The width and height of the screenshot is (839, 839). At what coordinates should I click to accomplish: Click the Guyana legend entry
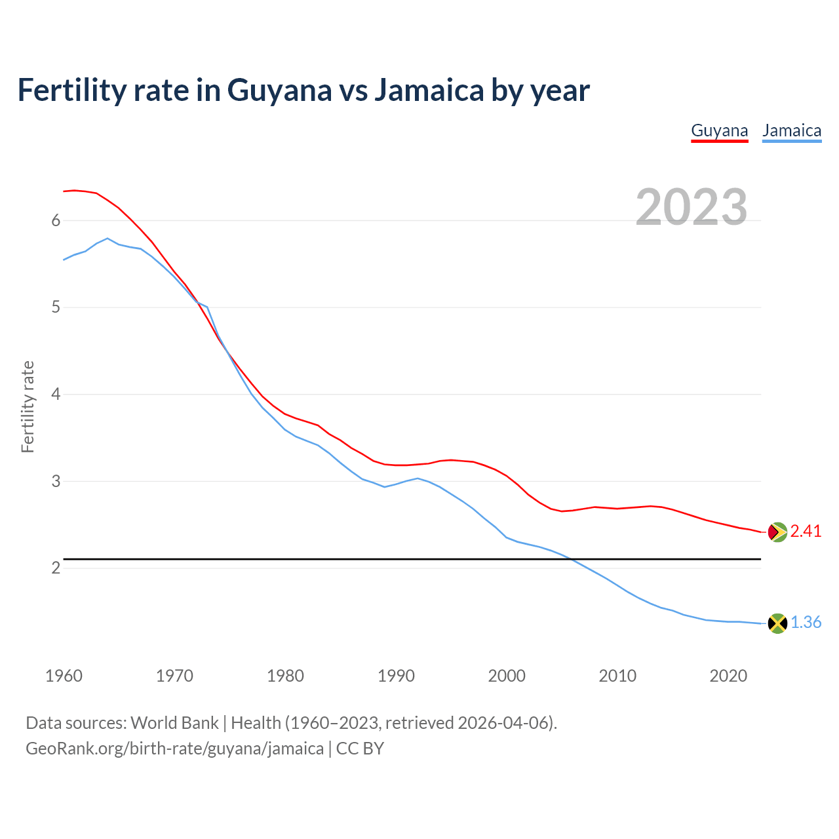pyautogui.click(x=719, y=130)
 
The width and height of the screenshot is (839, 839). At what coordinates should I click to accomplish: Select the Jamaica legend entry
pyautogui.click(x=792, y=130)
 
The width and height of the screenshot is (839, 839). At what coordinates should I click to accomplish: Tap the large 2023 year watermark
pyautogui.click(x=692, y=207)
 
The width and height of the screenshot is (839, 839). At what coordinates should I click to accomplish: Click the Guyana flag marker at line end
pyautogui.click(x=777, y=532)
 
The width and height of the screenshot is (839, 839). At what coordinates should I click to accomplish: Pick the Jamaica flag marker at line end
pyautogui.click(x=777, y=623)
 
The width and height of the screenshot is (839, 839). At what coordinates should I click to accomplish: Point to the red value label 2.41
pyautogui.click(x=806, y=532)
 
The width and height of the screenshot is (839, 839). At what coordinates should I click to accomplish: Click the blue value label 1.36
pyautogui.click(x=806, y=623)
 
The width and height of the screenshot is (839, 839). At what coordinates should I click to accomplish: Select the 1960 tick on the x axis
pyautogui.click(x=64, y=676)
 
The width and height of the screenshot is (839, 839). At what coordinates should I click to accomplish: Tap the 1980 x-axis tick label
pyautogui.click(x=285, y=676)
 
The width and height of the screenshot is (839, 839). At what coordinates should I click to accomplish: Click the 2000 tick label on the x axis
pyautogui.click(x=507, y=676)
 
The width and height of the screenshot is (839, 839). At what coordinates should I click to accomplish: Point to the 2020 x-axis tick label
pyautogui.click(x=728, y=676)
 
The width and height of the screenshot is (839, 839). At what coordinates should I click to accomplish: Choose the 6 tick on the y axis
pyautogui.click(x=56, y=221)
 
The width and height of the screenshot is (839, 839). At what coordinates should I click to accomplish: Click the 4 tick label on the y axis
pyautogui.click(x=56, y=395)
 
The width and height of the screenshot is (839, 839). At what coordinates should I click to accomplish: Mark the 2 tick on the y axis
pyautogui.click(x=56, y=568)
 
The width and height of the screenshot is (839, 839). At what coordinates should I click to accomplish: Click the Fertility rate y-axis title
pyautogui.click(x=28, y=406)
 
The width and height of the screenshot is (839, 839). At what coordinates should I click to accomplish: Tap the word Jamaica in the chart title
pyautogui.click(x=429, y=90)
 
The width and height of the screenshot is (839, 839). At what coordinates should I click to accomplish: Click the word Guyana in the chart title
pyautogui.click(x=279, y=90)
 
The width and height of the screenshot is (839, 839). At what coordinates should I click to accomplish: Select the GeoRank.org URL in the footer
pyautogui.click(x=174, y=749)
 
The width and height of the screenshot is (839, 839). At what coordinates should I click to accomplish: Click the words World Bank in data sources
pyautogui.click(x=174, y=723)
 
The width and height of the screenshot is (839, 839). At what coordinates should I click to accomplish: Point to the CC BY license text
pyautogui.click(x=360, y=749)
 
